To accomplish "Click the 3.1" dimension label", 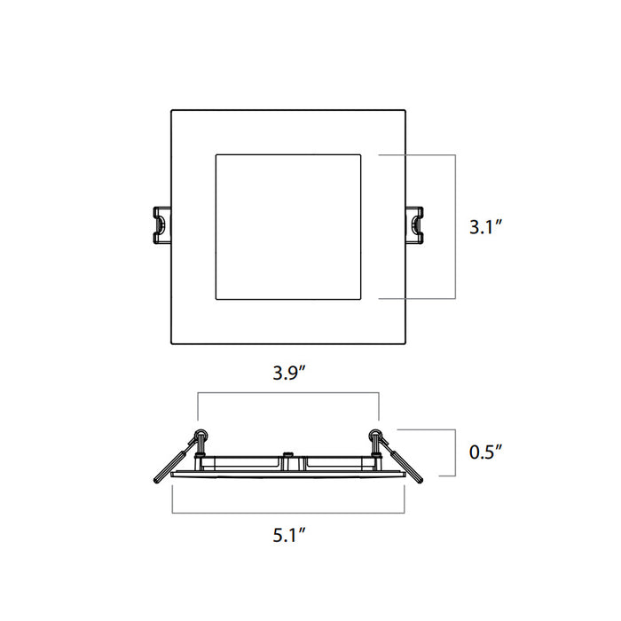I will (x=486, y=227).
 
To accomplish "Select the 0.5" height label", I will (x=486, y=452).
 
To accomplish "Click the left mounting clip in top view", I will (x=160, y=224).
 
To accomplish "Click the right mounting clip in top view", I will (x=415, y=224).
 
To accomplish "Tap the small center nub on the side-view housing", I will (x=288, y=457).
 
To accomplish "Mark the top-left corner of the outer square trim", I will (x=171, y=110).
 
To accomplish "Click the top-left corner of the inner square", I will (x=216, y=155).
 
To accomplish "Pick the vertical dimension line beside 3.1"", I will (x=456, y=227).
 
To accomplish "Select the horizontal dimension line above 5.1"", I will (x=288, y=513).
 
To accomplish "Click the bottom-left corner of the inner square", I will (x=216, y=300).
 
